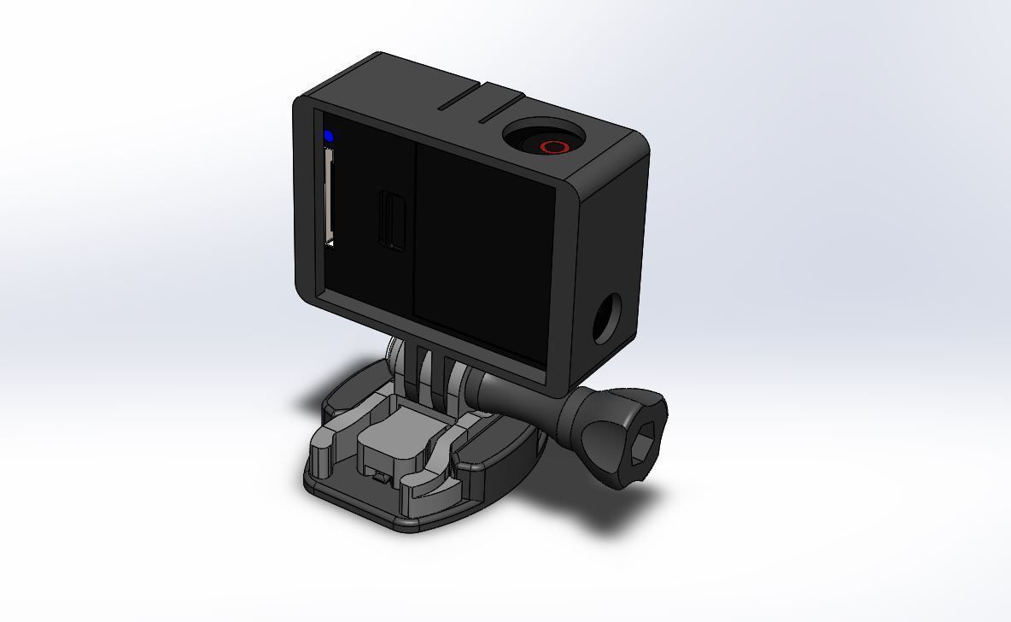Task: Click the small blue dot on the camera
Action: click(x=329, y=136)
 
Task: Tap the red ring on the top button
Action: click(x=553, y=147)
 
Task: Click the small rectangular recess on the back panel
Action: click(x=393, y=220)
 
